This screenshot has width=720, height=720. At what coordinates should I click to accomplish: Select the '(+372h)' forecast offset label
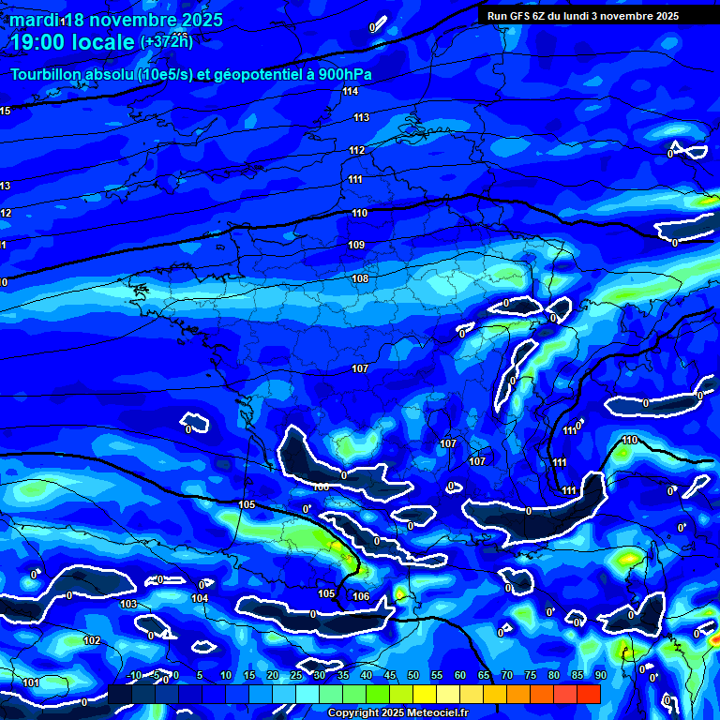point(166,41)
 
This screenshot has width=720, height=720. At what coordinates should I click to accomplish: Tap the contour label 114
point(351,91)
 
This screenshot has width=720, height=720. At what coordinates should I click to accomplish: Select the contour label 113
point(361,117)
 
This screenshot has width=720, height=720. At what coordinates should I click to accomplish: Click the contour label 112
point(357,150)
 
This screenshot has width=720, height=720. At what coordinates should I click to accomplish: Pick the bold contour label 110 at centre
point(359,213)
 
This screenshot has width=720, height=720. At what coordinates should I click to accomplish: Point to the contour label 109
point(356,245)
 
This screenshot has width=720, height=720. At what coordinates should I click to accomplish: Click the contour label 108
point(360,278)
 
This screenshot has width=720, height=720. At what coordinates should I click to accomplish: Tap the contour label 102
point(92,640)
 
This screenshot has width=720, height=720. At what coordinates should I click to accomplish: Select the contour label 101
point(31,682)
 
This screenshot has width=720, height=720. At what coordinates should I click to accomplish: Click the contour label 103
point(128,604)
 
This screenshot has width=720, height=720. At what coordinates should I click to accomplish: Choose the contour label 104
point(200,597)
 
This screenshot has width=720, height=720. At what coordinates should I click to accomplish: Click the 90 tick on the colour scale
point(600,675)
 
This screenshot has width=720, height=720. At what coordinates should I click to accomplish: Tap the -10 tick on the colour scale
point(133,675)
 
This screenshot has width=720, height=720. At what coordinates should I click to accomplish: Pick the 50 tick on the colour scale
point(413,675)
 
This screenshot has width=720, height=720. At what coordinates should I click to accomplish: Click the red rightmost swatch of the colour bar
point(589,694)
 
